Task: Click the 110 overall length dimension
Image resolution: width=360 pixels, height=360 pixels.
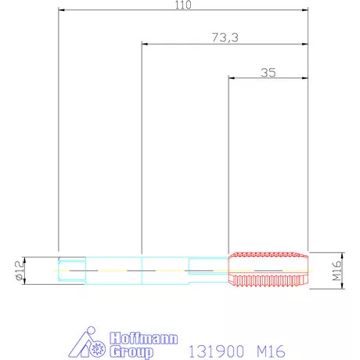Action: click(x=183, y=5)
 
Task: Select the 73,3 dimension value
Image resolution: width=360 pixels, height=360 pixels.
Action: click(x=225, y=38)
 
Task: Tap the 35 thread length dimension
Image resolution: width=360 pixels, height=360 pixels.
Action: click(x=268, y=73)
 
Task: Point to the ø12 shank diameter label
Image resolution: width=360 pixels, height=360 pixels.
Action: click(x=20, y=271)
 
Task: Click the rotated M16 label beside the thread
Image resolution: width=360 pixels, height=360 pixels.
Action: click(x=337, y=271)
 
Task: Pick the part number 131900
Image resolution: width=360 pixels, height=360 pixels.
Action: click(x=216, y=351)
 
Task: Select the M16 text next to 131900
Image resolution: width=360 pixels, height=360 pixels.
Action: click(x=271, y=351)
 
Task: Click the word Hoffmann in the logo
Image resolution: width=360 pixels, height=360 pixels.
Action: click(x=144, y=338)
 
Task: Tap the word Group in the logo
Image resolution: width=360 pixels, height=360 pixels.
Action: click(x=131, y=352)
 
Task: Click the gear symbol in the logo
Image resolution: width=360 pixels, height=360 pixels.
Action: click(x=98, y=348)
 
